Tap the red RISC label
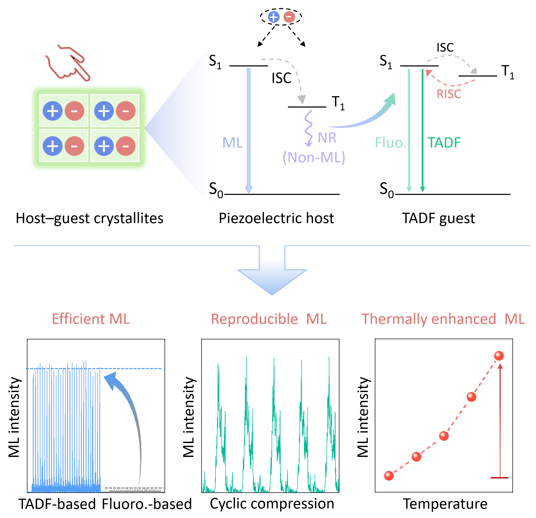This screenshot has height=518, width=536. click(449, 94)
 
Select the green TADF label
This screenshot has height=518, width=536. click(444, 143)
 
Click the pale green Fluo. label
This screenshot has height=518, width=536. click(391, 143)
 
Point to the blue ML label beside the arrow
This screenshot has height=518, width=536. click(233, 143)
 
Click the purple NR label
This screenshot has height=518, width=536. click(327, 138)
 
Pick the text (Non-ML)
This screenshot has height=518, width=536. click(314, 157)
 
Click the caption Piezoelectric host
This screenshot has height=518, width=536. click(276, 218)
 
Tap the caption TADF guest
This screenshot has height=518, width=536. click(438, 218)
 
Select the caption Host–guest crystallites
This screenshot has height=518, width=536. click(90, 218)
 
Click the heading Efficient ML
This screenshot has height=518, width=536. click(91, 319)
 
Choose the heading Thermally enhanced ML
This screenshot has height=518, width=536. click(443, 319)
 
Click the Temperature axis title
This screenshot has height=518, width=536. click(445, 504)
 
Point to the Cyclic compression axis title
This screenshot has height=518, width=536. click(272, 504)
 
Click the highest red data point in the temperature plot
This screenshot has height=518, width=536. click(499, 356)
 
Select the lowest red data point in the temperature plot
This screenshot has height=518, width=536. click(389, 476)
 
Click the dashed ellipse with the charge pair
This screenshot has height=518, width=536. click(281, 17)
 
